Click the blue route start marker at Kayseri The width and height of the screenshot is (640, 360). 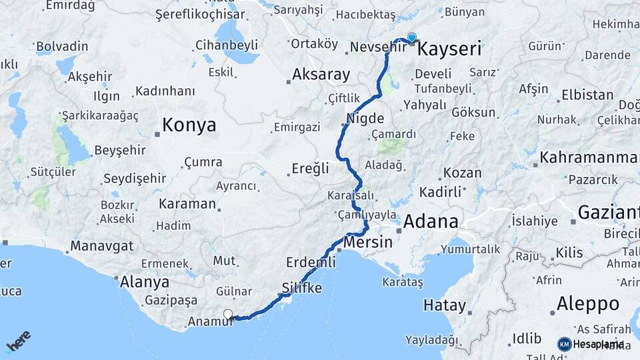tap(412, 38)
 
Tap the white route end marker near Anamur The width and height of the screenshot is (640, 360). tap(228, 315)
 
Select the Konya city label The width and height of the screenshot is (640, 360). tap(189, 125)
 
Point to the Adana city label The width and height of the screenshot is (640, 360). tap(431, 221)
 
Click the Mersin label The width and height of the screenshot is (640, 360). tap(369, 242)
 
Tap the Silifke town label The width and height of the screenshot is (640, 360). tap(302, 289)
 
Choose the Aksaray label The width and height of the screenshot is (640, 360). tap(321, 75)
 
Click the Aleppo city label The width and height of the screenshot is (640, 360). tap(588, 304)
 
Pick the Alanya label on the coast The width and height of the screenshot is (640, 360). tap(144, 282)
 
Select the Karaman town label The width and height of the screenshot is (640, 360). tap(187, 204)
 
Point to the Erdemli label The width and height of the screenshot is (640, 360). tap(311, 262)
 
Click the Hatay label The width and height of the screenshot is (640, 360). tap(445, 306)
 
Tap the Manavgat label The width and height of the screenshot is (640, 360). tap(102, 245)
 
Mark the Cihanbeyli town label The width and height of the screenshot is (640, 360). tap(226, 45)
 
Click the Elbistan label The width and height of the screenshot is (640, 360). tap(587, 95)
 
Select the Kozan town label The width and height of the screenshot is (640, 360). tap(462, 173)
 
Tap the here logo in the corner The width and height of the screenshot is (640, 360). tap(19, 341)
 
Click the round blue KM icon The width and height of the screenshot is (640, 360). tap(565, 344)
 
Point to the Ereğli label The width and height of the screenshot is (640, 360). tap(311, 169)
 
